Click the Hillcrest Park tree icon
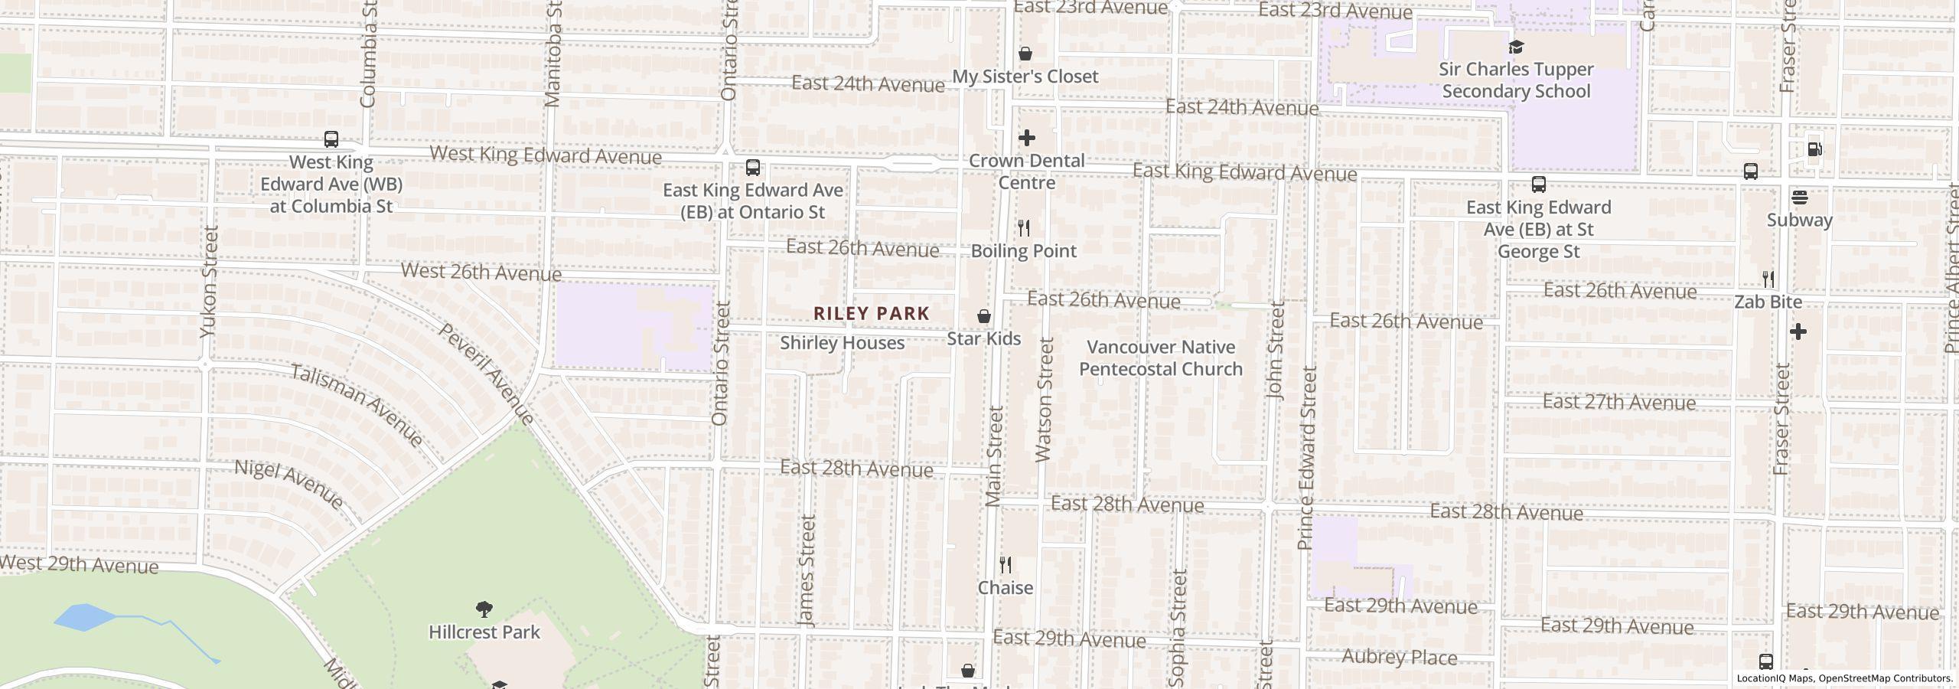(484, 609)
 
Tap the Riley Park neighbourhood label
(871, 313)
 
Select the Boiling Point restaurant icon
(1024, 228)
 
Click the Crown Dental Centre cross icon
(1026, 138)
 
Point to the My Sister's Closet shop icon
(1025, 54)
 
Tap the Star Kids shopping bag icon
(984, 316)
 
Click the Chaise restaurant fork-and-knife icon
(1006, 565)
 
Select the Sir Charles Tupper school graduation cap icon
(1516, 47)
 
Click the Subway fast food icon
(1800, 198)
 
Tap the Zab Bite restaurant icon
(1768, 279)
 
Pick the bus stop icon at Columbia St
(331, 139)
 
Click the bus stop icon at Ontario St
(753, 168)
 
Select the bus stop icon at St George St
(1539, 184)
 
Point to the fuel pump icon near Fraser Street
(1814, 149)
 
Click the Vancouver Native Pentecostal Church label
(1160, 358)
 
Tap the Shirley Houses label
(842, 343)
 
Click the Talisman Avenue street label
(357, 406)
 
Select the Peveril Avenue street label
(486, 374)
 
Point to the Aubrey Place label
(1400, 658)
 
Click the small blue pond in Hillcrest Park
(84, 616)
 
